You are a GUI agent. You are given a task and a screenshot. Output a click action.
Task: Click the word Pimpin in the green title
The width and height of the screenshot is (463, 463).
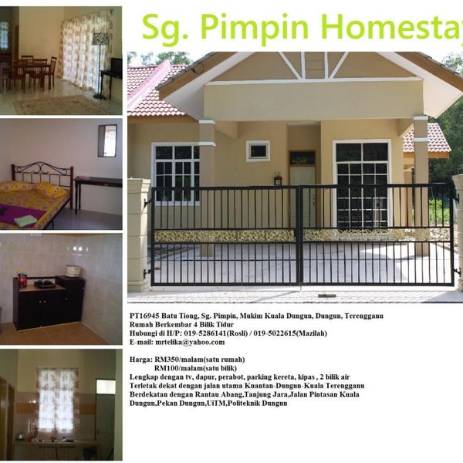[x=255, y=28]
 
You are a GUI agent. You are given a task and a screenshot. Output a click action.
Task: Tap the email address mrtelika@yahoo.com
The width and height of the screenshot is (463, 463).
[x=190, y=342]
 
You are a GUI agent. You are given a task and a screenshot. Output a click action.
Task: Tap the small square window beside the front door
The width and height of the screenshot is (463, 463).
[x=258, y=151]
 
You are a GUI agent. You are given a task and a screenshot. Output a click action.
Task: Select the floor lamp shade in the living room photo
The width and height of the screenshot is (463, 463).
[x=100, y=39]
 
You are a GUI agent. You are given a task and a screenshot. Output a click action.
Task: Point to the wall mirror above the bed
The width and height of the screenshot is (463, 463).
[x=107, y=140]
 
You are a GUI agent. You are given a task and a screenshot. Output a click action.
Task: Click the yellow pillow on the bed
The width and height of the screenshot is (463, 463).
[x=52, y=190]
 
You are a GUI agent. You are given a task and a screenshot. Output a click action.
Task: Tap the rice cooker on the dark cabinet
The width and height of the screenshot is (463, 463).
[x=73, y=271]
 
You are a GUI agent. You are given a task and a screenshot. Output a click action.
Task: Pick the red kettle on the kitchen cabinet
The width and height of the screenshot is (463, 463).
[x=22, y=279]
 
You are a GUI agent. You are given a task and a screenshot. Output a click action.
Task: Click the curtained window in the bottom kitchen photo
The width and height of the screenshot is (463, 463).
[x=58, y=399]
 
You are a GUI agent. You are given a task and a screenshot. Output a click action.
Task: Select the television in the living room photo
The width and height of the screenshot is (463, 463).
[x=117, y=68]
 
